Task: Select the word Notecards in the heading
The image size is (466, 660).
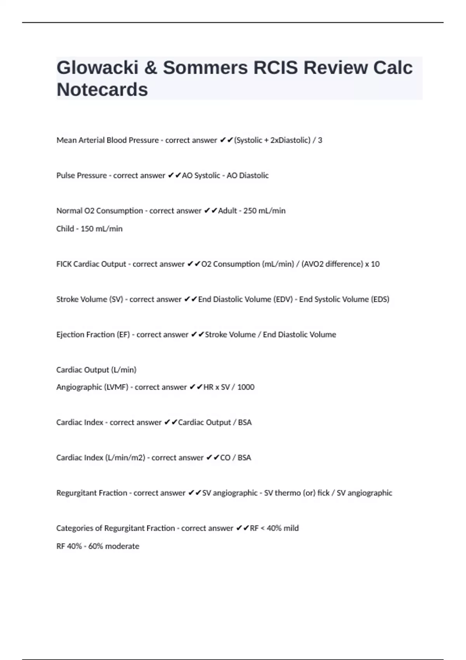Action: [102, 90]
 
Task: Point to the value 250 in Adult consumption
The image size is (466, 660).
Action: [250, 211]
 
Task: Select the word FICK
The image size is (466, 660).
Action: [64, 264]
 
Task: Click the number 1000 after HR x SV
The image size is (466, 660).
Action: [246, 387]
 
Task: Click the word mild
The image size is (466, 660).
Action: [291, 528]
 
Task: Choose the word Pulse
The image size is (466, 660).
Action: [66, 175]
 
